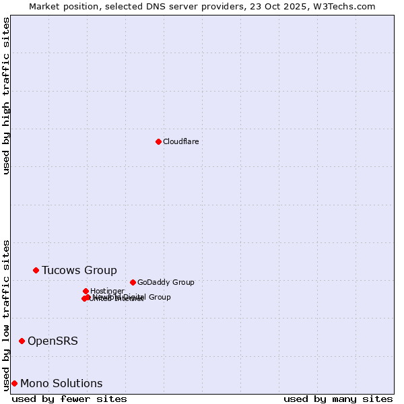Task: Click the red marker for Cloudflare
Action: pyautogui.click(x=158, y=141)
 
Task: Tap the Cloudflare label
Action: pyautogui.click(x=180, y=141)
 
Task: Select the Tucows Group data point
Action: pyautogui.click(x=36, y=270)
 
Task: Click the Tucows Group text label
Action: pyautogui.click(x=79, y=271)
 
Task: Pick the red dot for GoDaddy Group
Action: pyautogui.click(x=133, y=282)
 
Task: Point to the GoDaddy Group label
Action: pyautogui.click(x=165, y=283)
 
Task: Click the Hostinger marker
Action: pyautogui.click(x=86, y=291)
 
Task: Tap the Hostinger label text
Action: pyautogui.click(x=107, y=291)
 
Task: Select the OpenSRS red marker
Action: pyautogui.click(x=22, y=341)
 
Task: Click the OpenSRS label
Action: pyautogui.click(x=53, y=341)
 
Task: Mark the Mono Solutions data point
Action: pyautogui.click(x=14, y=383)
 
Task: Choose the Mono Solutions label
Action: pyautogui.click(x=61, y=384)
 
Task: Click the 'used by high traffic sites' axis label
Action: pyautogui.click(x=6, y=96)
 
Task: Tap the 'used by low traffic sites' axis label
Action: pyautogui.click(x=6, y=314)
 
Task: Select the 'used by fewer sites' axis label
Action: pyautogui.click(x=69, y=399)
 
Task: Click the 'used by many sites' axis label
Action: pyautogui.click(x=338, y=399)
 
